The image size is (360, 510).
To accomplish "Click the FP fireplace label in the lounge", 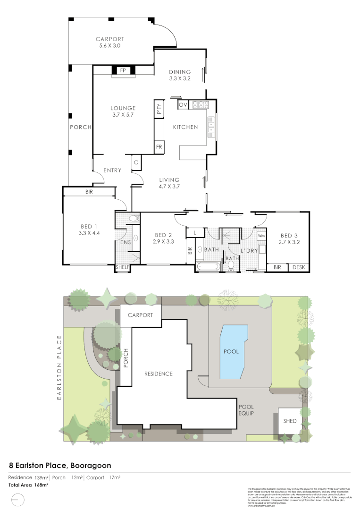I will (x=123, y=70).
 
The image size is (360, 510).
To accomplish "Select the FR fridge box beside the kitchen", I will (x=159, y=147).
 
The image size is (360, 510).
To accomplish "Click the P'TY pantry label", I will (x=159, y=110).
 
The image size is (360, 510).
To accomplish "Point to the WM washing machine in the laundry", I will (x=261, y=235).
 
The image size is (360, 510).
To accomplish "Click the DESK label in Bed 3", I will (x=299, y=267).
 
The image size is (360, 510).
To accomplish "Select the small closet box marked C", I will (x=136, y=162).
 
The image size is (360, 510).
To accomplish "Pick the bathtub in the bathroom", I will (x=208, y=267).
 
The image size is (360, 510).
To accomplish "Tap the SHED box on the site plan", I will (x=290, y=421).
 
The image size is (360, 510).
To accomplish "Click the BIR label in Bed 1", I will (x=89, y=192).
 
